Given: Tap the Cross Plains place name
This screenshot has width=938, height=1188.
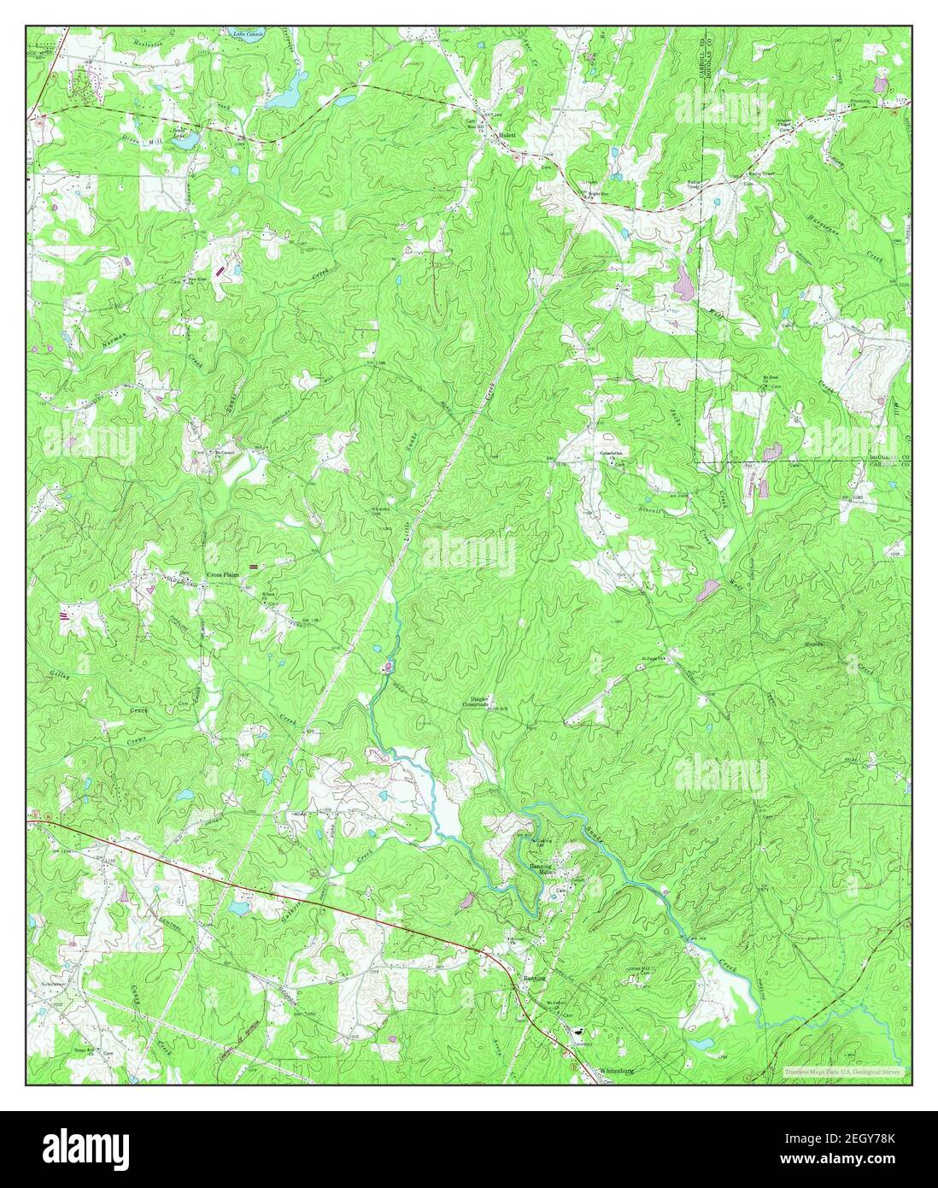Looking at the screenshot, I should tap(224, 575).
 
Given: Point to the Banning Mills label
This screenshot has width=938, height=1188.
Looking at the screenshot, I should tap(540, 867).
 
